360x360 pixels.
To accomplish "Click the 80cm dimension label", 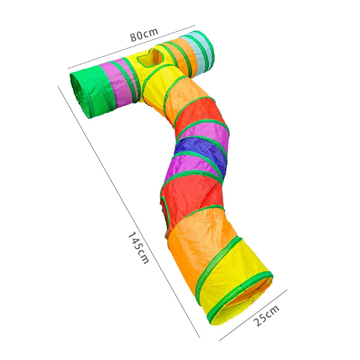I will (144, 34).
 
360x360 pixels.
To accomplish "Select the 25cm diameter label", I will (267, 316).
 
